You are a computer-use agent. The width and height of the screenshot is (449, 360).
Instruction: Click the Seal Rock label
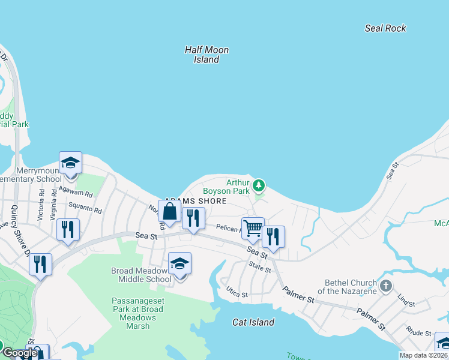385,28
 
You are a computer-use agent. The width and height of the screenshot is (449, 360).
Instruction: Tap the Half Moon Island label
206,55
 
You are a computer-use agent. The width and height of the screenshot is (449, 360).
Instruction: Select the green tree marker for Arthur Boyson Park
259,185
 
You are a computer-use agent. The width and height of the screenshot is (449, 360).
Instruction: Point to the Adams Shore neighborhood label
196,201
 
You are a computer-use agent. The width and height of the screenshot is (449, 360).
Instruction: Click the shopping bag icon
170,212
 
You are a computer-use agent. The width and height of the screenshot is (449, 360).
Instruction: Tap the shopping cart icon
253,228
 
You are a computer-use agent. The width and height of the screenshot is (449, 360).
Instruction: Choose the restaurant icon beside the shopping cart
274,236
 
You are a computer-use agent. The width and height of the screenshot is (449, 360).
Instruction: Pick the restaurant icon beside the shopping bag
193,218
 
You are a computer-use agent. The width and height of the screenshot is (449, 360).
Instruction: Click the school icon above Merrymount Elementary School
70,163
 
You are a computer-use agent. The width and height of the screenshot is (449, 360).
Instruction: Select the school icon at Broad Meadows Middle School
179,263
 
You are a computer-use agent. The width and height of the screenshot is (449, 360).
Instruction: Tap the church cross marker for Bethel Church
385,286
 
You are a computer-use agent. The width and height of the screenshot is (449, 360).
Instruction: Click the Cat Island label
253,322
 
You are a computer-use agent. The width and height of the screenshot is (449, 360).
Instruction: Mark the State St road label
260,268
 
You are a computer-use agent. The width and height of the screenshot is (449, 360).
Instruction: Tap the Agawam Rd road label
80,195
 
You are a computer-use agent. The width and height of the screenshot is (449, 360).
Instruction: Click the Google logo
20,353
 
